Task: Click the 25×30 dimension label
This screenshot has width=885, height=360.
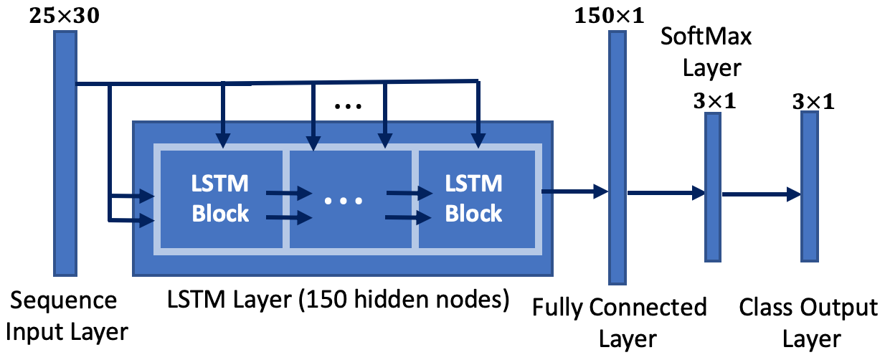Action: [x=65, y=16]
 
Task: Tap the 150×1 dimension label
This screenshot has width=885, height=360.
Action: [x=609, y=16]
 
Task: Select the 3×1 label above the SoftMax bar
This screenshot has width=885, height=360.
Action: [x=714, y=101]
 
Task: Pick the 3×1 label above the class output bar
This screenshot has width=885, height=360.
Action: [x=813, y=102]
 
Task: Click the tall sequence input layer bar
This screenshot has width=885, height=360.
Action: [x=65, y=153]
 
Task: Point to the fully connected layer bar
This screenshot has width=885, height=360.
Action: [x=617, y=158]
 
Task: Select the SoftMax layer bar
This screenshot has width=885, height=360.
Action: [x=713, y=187]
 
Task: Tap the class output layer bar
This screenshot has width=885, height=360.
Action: [x=810, y=187]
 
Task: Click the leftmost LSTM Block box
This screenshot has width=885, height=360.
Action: [x=221, y=199]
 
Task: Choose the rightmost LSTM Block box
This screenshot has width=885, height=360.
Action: [x=477, y=199]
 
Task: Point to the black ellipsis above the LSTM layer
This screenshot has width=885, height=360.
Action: [x=348, y=106]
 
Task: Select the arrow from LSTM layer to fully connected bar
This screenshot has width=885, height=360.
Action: [x=575, y=191]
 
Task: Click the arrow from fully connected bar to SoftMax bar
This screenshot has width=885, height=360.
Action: [x=666, y=193]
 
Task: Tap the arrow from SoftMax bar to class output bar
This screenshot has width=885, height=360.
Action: [x=762, y=194]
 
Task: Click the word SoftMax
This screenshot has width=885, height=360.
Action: [x=706, y=37]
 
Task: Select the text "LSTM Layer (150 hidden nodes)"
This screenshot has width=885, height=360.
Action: [x=339, y=300]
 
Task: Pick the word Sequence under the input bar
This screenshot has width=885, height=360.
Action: [x=64, y=302]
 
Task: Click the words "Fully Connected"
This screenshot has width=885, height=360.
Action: [x=619, y=308]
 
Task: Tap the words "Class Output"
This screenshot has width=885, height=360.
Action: [x=808, y=308]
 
